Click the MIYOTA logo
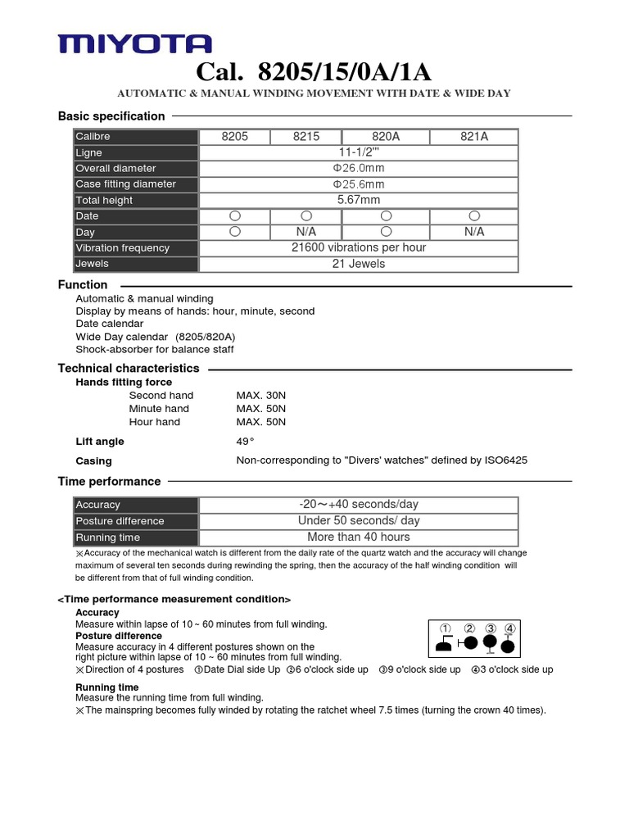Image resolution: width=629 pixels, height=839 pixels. (x=134, y=44)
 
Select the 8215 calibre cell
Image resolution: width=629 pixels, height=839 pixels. (x=305, y=137)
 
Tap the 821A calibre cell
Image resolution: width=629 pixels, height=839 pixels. (x=474, y=137)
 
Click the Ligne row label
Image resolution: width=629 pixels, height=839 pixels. (x=89, y=152)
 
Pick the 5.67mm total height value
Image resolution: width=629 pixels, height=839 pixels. (x=359, y=200)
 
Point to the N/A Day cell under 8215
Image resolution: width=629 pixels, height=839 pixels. (x=305, y=232)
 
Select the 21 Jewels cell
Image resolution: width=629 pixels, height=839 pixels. (x=359, y=264)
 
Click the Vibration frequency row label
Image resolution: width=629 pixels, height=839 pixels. (x=122, y=248)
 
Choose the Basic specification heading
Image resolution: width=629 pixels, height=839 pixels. (x=111, y=116)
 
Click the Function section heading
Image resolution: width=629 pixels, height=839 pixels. (x=83, y=285)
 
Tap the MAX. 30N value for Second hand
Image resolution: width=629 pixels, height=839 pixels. (x=261, y=396)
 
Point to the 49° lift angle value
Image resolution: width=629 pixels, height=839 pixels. (x=246, y=442)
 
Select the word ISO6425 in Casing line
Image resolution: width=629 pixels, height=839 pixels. (x=506, y=460)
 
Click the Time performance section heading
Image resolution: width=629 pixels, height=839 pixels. (x=109, y=482)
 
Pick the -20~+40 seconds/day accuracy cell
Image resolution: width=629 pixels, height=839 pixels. (x=359, y=505)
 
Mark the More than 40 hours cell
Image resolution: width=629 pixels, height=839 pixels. (x=359, y=537)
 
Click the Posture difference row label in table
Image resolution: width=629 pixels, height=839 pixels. (x=120, y=521)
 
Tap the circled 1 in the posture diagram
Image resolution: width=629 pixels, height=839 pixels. (x=446, y=629)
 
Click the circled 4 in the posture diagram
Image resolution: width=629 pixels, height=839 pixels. (x=510, y=629)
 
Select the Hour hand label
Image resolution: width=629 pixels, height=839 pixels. (x=155, y=422)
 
